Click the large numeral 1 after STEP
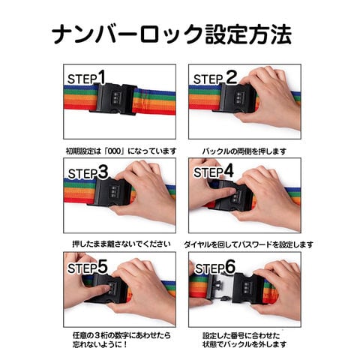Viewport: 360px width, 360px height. click(101, 76)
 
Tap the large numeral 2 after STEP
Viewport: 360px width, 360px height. click(231, 76)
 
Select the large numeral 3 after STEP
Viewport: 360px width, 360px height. click(103, 172)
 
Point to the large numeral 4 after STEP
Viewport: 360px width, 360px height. click(228, 171)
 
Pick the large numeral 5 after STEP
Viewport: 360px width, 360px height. click(102, 266)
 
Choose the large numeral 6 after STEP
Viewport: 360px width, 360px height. click(230, 266)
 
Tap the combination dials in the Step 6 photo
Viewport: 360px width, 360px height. click(247, 287)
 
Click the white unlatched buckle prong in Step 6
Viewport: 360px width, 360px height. click(220, 287)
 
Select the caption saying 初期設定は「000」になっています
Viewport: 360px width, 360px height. click(121, 151)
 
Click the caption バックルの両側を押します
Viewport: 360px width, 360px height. click(244, 151)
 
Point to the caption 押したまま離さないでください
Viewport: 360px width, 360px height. click(121, 244)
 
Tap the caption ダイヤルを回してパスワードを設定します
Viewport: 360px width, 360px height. click(248, 244)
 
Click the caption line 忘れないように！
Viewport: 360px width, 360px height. click(100, 344)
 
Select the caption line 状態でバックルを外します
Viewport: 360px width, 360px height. click(244, 344)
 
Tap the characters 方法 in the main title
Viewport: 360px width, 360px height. click(270, 34)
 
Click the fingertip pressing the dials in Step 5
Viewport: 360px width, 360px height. click(107, 288)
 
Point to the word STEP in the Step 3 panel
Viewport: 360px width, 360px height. click(82, 174)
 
